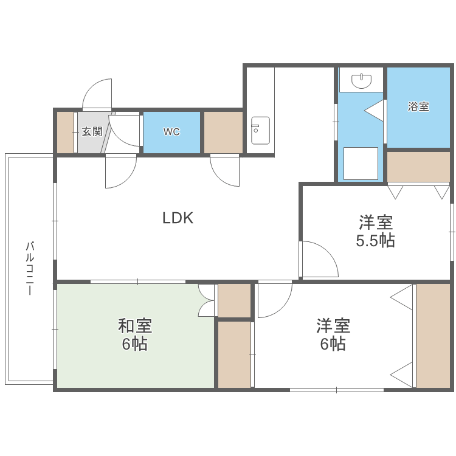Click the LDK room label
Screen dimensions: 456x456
pos(178,218)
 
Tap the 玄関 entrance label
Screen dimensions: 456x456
pos(92,131)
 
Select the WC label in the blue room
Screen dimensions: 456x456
pos(171,131)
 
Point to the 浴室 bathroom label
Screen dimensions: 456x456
pos(418,107)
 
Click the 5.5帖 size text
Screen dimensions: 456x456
pos(375,241)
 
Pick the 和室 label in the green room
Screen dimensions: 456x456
pos(135,326)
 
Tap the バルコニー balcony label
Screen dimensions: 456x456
pos(29,268)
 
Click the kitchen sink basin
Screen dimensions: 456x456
pos(260,130)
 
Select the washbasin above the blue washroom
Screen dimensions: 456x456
pos(361,80)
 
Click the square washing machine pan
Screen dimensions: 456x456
pos(361,163)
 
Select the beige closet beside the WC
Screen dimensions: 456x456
pos(223,132)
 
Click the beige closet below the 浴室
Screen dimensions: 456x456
pos(418,167)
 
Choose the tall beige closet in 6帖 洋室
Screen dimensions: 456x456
pos(433,335)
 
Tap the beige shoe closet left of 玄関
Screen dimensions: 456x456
pos(65,132)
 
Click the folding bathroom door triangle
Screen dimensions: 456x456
pos(376,111)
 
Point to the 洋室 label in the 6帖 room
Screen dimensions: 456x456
pos(333,326)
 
